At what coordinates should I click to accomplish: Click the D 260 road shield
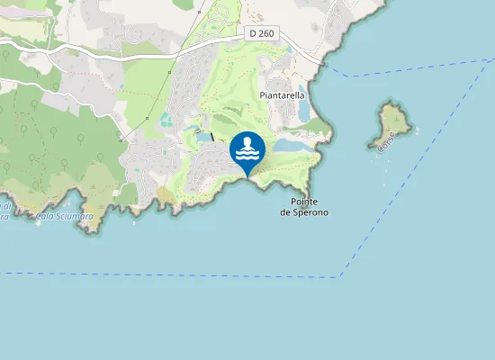(262, 33)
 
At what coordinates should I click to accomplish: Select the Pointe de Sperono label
(303, 207)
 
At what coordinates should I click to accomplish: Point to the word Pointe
(304, 202)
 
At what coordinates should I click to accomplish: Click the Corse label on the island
(386, 141)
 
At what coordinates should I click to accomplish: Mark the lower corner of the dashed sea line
(340, 276)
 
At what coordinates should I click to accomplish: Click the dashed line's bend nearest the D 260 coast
(351, 76)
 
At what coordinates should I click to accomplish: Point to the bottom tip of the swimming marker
(247, 176)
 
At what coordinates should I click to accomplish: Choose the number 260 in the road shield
(265, 33)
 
